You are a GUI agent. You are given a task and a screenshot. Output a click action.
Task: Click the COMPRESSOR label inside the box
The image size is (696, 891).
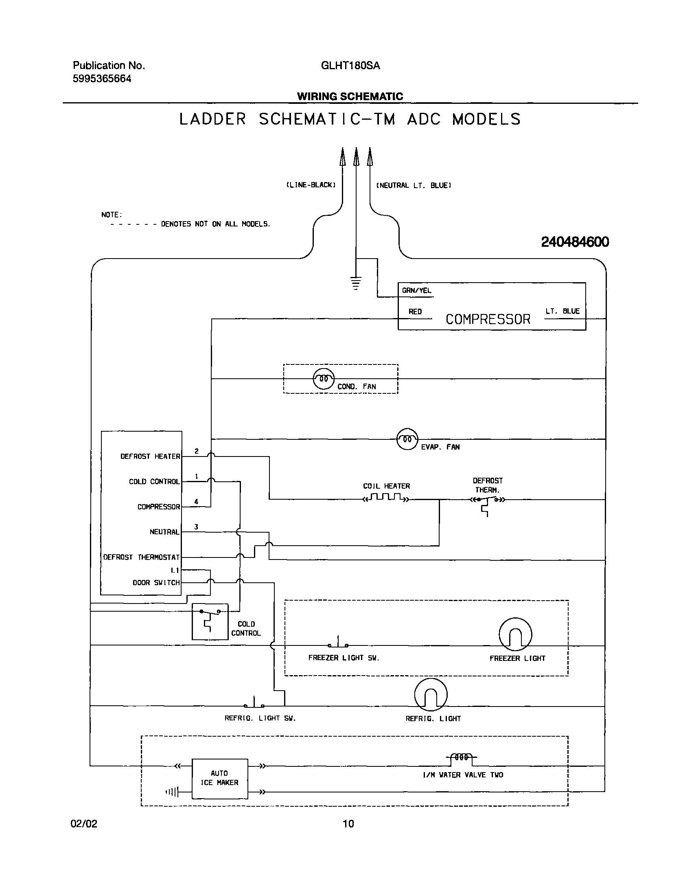(488, 319)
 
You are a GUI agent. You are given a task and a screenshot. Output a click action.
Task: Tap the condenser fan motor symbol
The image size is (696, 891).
(323, 379)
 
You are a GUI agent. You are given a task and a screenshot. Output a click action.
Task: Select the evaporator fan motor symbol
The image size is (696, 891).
(407, 439)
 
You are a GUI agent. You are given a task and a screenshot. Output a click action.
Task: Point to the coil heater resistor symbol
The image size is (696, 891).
(386, 498)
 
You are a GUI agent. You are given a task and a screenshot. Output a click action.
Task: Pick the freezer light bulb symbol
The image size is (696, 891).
(515, 634)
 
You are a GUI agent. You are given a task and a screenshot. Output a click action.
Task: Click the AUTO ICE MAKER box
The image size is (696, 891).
(219, 778)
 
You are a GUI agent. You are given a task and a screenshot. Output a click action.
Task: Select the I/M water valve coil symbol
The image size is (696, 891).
(461, 757)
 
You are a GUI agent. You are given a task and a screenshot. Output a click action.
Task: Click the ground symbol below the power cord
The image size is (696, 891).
(356, 283)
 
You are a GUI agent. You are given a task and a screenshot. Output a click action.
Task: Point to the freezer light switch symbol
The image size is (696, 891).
(338, 643)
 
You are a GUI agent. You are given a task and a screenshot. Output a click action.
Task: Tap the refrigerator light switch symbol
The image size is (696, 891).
(254, 704)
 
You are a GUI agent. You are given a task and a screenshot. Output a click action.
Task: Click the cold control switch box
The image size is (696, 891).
(210, 621)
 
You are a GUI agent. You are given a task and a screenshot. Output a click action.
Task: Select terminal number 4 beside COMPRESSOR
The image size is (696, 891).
(196, 501)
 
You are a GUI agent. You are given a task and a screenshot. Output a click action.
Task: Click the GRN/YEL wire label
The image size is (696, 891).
(416, 290)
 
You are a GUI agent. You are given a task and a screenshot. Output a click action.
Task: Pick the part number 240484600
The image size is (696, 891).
(575, 242)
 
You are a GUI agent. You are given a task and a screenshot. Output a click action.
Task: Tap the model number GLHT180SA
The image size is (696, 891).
(350, 66)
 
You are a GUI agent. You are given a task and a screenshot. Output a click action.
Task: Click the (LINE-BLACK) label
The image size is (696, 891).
(311, 185)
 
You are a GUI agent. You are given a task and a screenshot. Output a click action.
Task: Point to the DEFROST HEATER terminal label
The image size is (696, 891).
(150, 456)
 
